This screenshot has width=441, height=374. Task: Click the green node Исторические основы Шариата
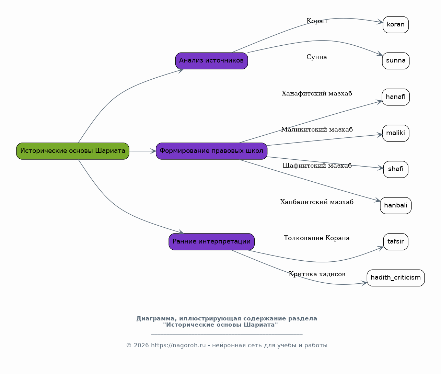(73, 151)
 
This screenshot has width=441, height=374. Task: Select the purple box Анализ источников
(211, 61)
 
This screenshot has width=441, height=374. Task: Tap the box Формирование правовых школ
(211, 151)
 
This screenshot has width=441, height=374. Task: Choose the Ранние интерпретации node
(211, 242)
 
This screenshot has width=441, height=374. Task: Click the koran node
(396, 24)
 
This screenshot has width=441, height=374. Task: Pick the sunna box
(396, 61)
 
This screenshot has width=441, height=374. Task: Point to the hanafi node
(396, 97)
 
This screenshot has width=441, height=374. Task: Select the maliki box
(396, 133)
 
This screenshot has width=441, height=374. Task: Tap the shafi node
(396, 169)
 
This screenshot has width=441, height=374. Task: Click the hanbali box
(396, 205)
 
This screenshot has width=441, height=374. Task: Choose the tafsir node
(396, 242)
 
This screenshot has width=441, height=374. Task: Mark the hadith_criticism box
(396, 278)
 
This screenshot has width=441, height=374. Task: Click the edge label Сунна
(317, 57)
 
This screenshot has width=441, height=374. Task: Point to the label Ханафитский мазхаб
(317, 93)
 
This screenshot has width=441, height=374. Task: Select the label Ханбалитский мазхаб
(317, 202)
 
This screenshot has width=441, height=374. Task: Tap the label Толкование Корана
(317, 238)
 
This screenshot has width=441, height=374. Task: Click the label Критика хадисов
(317, 274)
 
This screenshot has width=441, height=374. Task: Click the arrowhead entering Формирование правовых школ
(153, 151)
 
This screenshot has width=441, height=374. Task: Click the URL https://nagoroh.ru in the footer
(178, 345)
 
